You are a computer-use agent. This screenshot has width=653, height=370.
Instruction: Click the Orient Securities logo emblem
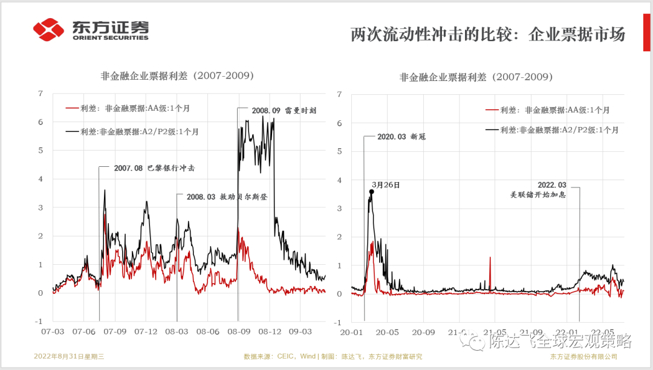48,29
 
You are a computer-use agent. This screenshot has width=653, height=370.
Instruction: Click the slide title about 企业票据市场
487,34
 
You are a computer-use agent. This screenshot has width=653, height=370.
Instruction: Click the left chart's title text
177,76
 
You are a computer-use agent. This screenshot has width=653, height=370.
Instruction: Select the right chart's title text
476,77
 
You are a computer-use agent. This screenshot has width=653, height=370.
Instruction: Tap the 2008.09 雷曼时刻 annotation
282,111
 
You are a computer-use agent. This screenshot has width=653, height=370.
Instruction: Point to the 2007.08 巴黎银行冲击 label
154,167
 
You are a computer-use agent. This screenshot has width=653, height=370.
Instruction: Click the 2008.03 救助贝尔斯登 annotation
226,196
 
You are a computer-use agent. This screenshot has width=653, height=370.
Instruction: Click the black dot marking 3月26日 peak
371,192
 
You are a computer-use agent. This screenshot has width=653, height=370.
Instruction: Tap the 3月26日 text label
386,185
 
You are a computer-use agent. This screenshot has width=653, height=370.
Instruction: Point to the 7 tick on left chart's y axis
40,93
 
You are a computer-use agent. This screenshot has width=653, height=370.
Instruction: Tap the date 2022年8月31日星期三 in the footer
69,356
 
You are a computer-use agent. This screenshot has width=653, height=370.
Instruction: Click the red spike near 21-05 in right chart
490,266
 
